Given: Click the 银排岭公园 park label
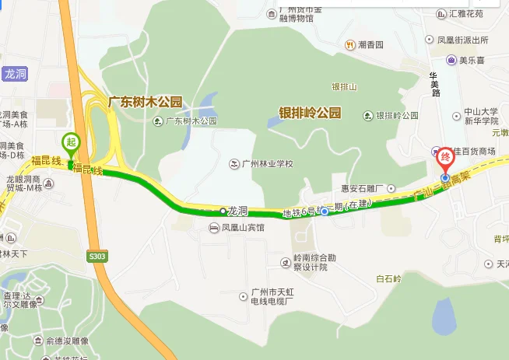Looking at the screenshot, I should pos(310,113).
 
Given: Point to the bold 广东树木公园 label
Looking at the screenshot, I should pos(145,101).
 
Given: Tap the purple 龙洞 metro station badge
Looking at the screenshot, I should pos(15,74).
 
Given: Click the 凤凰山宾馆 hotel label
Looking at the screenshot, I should pos(237,228).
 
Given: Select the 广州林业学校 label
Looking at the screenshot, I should pos(262,164).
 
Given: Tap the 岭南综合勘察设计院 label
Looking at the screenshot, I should pos(311,262).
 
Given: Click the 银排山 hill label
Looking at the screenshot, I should pos(343,86).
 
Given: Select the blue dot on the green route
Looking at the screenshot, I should pos(325,211).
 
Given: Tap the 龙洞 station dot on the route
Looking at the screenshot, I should pos(223,211).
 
